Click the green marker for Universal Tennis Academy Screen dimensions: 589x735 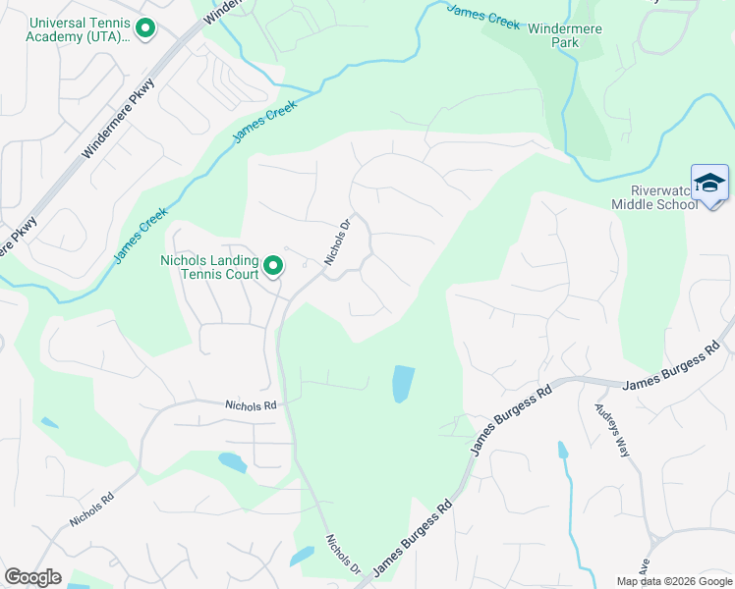click(x=145, y=28)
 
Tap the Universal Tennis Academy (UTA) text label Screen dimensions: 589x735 click(x=79, y=29)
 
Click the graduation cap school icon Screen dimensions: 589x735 click(x=709, y=183)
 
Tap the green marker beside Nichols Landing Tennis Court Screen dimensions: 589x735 click(x=274, y=265)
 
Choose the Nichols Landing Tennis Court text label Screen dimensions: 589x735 click(x=209, y=266)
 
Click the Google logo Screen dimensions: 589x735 click(x=33, y=577)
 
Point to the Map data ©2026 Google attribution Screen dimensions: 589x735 click(x=674, y=581)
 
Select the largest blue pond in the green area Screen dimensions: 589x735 click(x=403, y=384)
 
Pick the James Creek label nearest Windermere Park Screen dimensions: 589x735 click(x=483, y=17)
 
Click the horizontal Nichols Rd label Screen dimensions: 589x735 click(x=251, y=403)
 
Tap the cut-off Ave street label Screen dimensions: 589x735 click(x=646, y=566)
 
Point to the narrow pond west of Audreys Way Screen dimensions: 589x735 click(x=563, y=451)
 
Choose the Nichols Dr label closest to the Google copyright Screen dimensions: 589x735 click(x=344, y=555)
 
